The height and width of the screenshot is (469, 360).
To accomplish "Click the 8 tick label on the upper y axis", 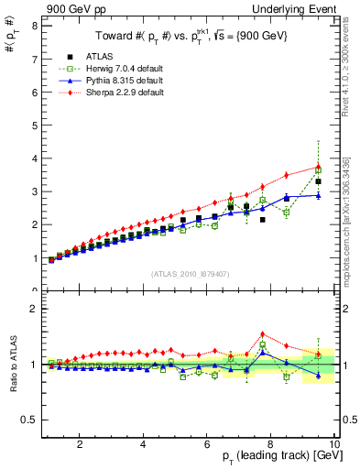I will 34,26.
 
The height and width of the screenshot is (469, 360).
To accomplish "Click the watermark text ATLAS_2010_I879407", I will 190,273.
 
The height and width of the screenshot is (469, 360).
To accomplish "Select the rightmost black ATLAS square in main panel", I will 318,181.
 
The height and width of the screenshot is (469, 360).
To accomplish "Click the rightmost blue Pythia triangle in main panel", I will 318,194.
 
